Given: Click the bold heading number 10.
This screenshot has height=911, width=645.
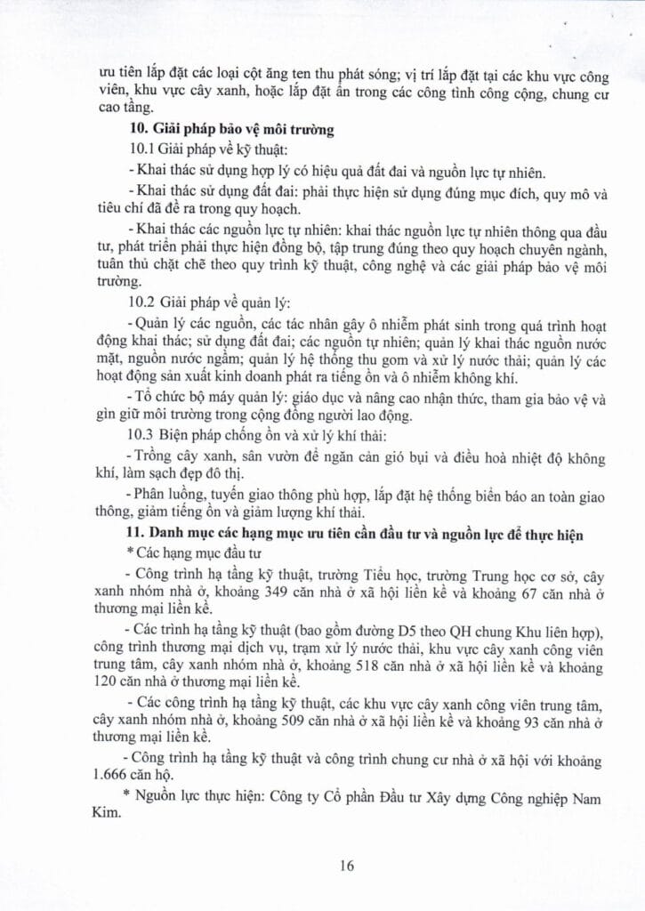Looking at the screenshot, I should tap(139, 130).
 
